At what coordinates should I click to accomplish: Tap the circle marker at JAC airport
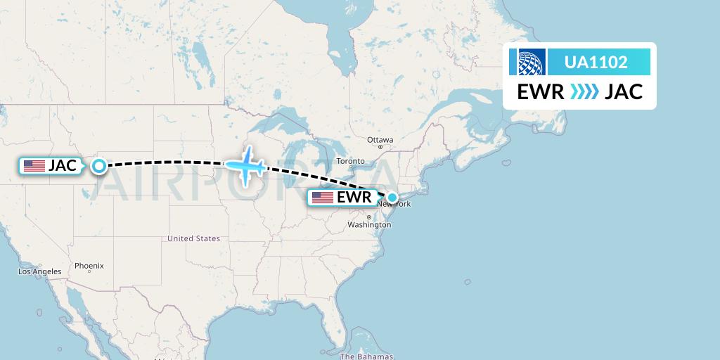(x=99, y=166)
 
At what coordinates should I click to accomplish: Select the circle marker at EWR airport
(x=393, y=198)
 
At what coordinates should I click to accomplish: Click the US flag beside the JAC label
(x=34, y=166)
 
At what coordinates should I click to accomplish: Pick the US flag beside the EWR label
(x=322, y=198)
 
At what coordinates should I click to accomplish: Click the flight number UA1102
(x=596, y=62)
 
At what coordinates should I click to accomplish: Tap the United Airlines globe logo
(x=532, y=62)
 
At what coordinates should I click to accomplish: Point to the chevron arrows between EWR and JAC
(x=584, y=91)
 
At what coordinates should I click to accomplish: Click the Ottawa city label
(x=380, y=140)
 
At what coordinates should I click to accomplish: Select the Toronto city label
(x=351, y=161)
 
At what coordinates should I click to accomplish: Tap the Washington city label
(x=368, y=225)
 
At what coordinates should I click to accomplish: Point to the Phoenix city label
(x=89, y=266)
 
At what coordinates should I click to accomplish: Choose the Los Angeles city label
(x=40, y=271)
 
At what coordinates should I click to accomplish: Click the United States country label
(x=193, y=239)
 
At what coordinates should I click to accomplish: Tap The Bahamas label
(x=366, y=356)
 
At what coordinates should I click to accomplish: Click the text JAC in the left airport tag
(x=63, y=166)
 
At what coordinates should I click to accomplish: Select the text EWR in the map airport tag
(x=354, y=198)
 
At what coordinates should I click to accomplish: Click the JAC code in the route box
(x=624, y=91)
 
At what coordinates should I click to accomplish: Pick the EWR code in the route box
(x=541, y=91)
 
